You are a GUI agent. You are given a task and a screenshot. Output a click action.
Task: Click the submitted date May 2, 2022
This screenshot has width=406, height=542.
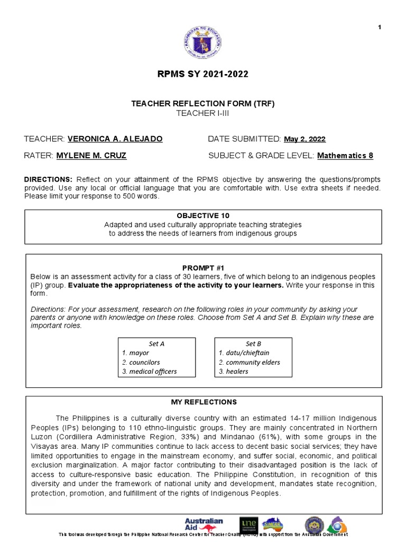coord(304,139)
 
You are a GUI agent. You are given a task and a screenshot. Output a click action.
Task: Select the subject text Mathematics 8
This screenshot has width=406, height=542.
coord(345,156)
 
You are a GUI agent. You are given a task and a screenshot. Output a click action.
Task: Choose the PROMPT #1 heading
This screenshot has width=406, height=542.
coord(204,268)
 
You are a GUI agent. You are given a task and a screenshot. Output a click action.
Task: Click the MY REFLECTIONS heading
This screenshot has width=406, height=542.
coord(204,402)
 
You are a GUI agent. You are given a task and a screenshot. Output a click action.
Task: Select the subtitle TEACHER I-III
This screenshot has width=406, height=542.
coord(204,113)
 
